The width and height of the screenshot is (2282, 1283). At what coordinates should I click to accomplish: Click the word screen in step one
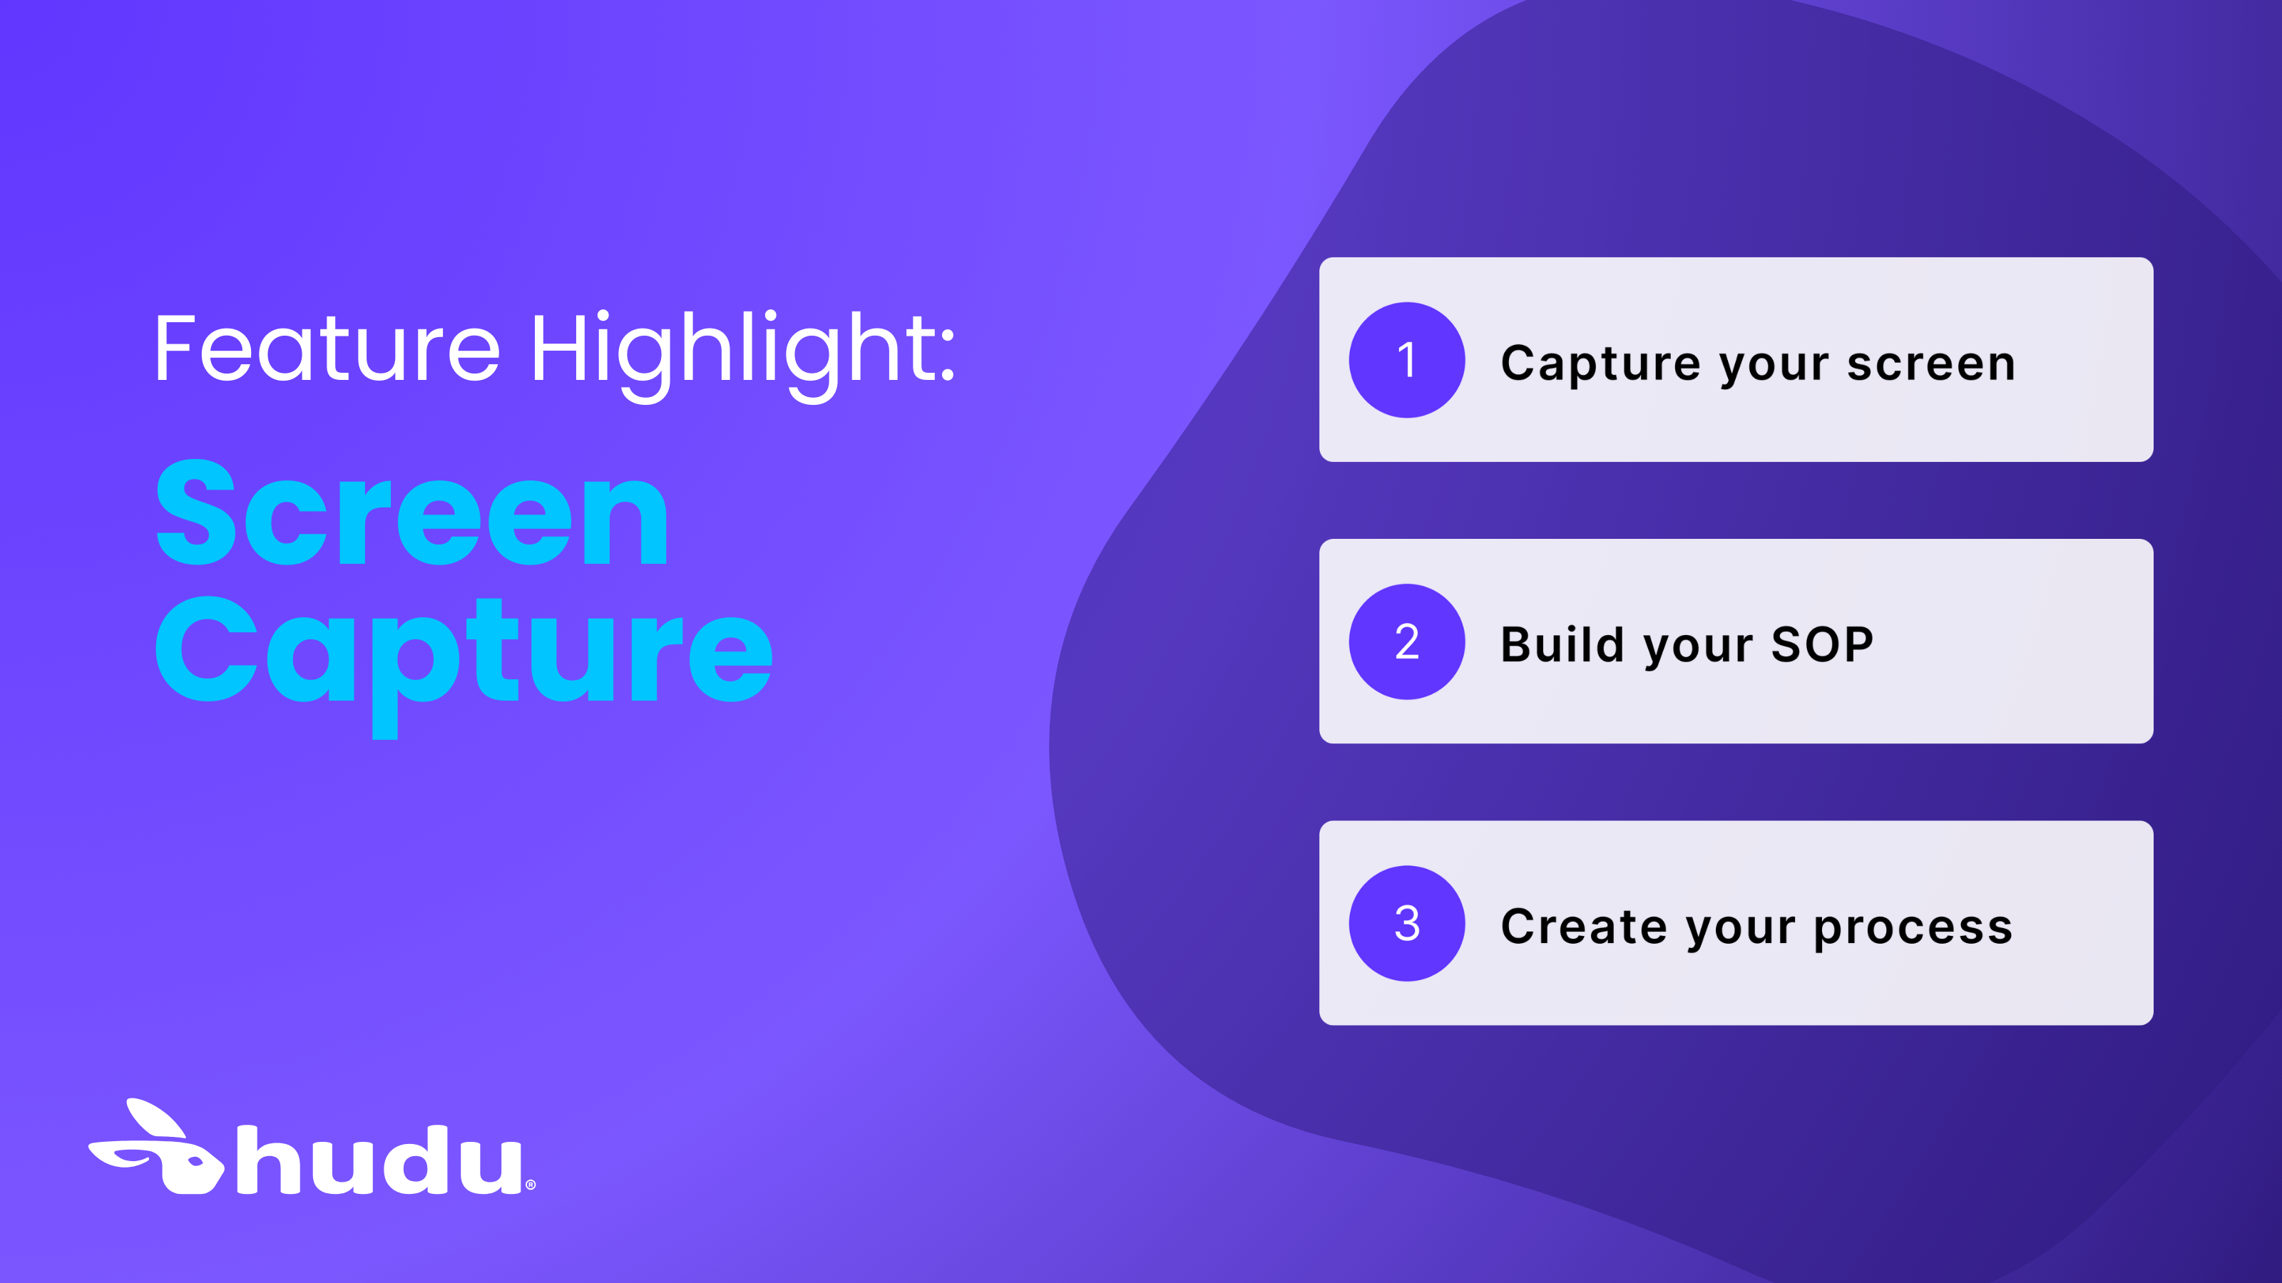[x=1931, y=364]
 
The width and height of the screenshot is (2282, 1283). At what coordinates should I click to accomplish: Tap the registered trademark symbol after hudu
[x=531, y=1185]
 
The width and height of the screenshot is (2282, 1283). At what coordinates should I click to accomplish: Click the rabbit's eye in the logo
[x=195, y=1160]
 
